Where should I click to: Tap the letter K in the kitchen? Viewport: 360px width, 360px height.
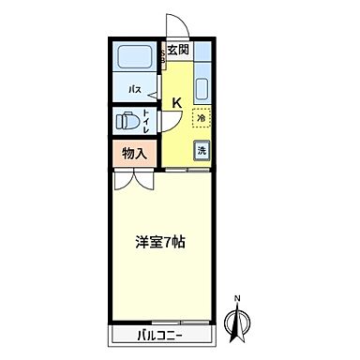(176, 103)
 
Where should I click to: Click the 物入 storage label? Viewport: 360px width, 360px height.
(134, 154)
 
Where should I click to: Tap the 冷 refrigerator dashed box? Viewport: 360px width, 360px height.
(202, 119)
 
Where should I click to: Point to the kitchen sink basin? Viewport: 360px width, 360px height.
(202, 89)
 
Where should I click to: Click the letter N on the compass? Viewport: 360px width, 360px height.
(237, 299)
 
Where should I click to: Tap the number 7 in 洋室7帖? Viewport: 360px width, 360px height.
(167, 242)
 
